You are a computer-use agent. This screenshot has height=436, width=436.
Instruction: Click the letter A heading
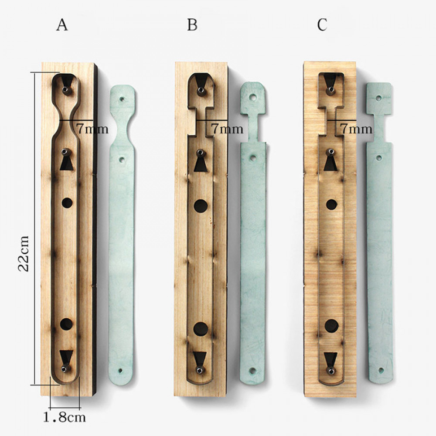coord(62,25)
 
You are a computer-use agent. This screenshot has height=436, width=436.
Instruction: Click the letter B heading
coord(192,25)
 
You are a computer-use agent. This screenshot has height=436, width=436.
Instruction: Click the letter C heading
coord(322,25)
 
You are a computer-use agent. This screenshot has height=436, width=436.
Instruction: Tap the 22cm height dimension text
coord(24,254)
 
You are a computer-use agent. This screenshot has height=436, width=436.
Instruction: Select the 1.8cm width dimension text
coord(64,417)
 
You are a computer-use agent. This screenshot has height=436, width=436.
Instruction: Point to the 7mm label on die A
coord(92,129)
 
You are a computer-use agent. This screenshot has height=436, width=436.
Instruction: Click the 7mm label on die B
coord(227,129)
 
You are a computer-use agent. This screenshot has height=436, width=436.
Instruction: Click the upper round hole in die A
coord(67,203)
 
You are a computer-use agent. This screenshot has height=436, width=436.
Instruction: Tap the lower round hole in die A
coord(66,324)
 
